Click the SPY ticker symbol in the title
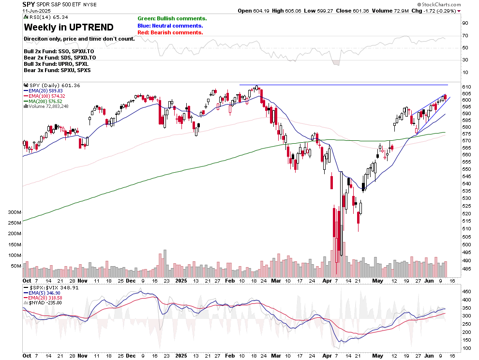pos(29,4)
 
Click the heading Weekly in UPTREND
pos(69,27)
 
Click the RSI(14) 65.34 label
pos(42,17)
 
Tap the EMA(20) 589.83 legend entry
pos(45,90)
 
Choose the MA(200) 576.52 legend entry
pos(45,101)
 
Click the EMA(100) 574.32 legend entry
pos(45,96)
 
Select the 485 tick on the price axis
pos(466,269)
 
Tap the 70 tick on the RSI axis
pos(465,36)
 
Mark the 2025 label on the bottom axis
pos(181,281)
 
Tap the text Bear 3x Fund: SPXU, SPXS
pos(57,70)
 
